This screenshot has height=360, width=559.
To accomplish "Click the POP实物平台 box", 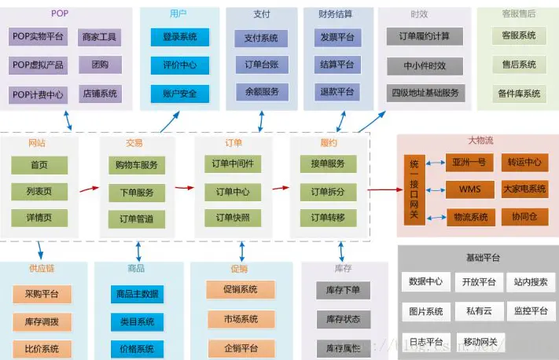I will (x=39, y=37).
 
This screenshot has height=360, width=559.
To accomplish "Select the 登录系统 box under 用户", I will (x=180, y=37).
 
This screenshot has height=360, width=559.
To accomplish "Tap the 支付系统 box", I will (x=260, y=39).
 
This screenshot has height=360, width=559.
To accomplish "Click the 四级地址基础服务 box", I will (x=425, y=93).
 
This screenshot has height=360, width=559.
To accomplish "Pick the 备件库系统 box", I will (x=518, y=94).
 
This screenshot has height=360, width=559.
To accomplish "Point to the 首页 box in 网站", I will (x=39, y=165).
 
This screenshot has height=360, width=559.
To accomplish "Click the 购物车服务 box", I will (x=136, y=165).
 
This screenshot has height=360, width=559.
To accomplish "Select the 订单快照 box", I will (x=232, y=218).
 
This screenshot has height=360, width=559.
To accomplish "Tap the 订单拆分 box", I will (x=328, y=192).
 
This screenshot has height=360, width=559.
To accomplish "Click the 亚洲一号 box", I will (x=469, y=163).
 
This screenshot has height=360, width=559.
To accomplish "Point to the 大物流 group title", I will (x=480, y=141).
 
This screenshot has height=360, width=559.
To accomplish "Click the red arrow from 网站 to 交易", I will (x=89, y=189).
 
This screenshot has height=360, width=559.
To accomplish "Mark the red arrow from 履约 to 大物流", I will (x=383, y=189).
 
